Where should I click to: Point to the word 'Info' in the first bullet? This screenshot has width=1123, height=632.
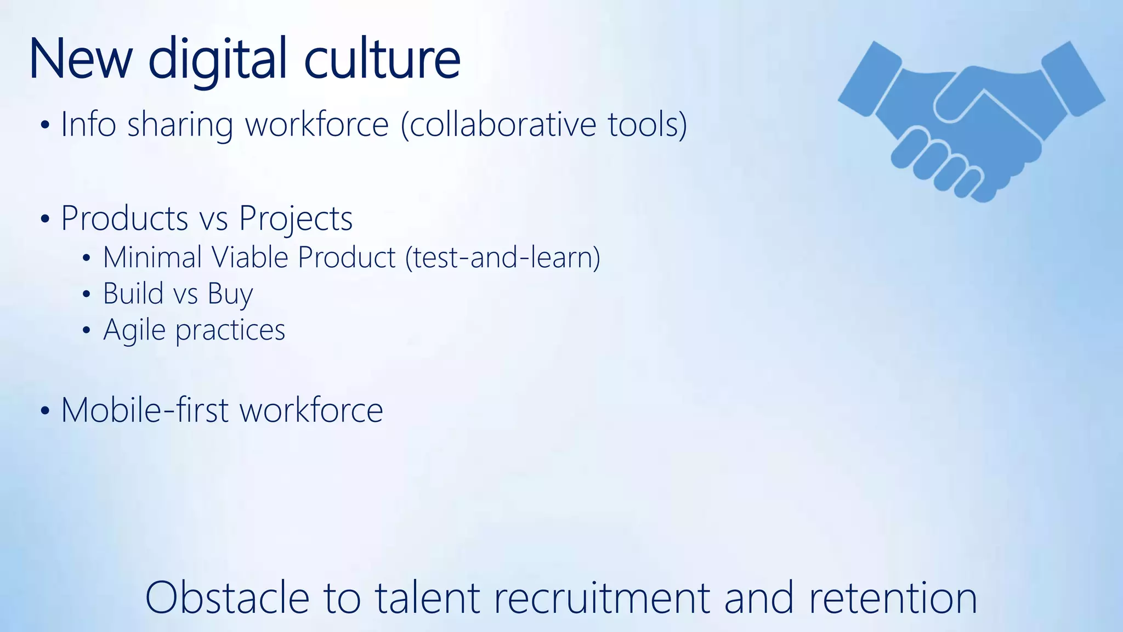coord(88,124)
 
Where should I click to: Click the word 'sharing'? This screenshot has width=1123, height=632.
coord(180,125)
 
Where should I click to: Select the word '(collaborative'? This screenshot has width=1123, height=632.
coord(498,124)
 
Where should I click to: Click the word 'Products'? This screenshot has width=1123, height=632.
coord(124,218)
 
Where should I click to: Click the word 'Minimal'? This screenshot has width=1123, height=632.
coord(152,257)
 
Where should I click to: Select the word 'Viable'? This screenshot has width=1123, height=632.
coord(249,257)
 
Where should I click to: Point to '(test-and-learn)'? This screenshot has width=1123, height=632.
coord(503,257)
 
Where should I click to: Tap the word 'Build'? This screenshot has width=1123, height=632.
coord(133,293)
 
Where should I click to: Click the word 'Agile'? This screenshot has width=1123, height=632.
coord(134,330)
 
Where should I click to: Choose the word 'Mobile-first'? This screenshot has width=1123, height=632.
coord(145,410)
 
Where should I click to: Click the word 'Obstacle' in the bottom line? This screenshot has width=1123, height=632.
coord(228,597)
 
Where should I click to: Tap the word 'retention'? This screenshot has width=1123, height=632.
coord(893,597)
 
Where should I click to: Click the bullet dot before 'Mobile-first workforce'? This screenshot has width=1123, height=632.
coord(46,411)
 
